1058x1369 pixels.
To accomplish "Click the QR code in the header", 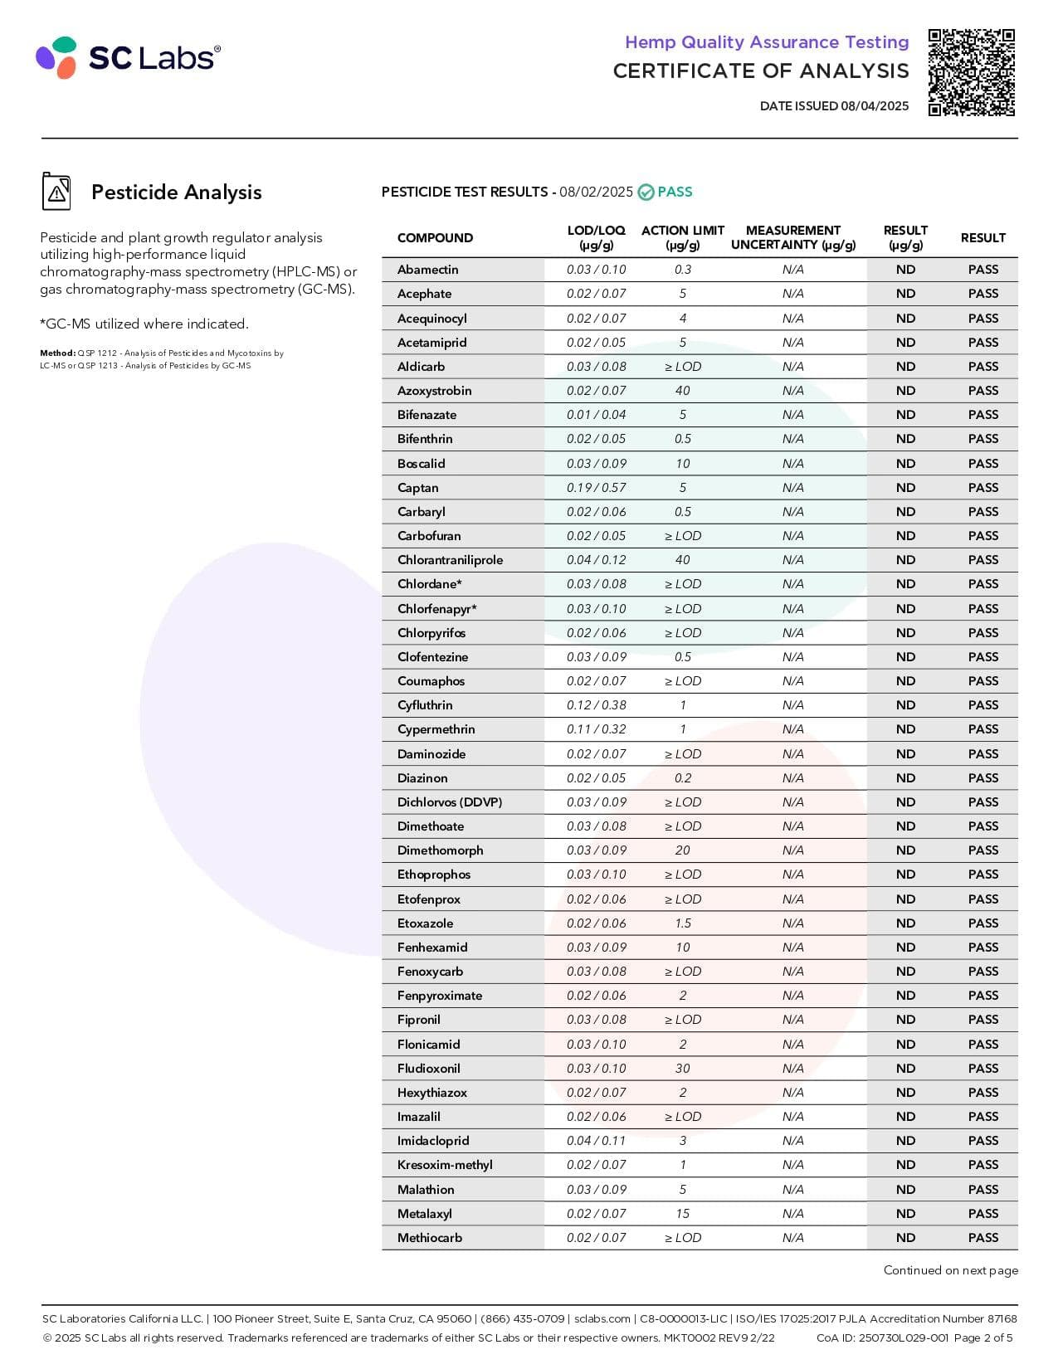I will (x=971, y=72).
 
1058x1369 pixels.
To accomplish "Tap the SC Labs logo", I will (x=129, y=57).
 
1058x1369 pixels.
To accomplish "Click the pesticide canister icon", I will (x=56, y=192).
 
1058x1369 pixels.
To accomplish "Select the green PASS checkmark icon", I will (x=646, y=192).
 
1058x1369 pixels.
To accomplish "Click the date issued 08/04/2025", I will (x=834, y=106).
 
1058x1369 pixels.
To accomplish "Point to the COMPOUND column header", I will (x=435, y=238).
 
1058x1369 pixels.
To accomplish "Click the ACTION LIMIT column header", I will (x=682, y=237).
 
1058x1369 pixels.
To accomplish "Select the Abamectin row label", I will (x=427, y=270).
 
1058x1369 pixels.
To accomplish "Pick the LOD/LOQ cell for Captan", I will (x=596, y=488).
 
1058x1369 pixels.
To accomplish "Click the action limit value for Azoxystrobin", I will (x=682, y=391).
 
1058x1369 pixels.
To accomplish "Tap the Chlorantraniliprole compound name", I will (x=450, y=560).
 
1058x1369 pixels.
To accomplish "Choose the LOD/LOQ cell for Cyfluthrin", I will (x=596, y=705).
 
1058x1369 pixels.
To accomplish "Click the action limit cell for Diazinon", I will (x=682, y=778).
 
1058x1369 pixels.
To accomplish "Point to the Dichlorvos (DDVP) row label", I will (x=449, y=802).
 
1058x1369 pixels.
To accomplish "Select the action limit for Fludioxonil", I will (x=682, y=1069).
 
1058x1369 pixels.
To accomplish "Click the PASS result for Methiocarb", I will (x=982, y=1238).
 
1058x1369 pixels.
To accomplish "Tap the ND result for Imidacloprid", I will (x=905, y=1141).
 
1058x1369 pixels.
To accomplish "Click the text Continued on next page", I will (x=950, y=1270).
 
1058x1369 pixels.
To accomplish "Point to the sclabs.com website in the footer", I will (x=602, y=1318).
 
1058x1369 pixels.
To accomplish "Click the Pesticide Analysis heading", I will (x=176, y=192).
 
